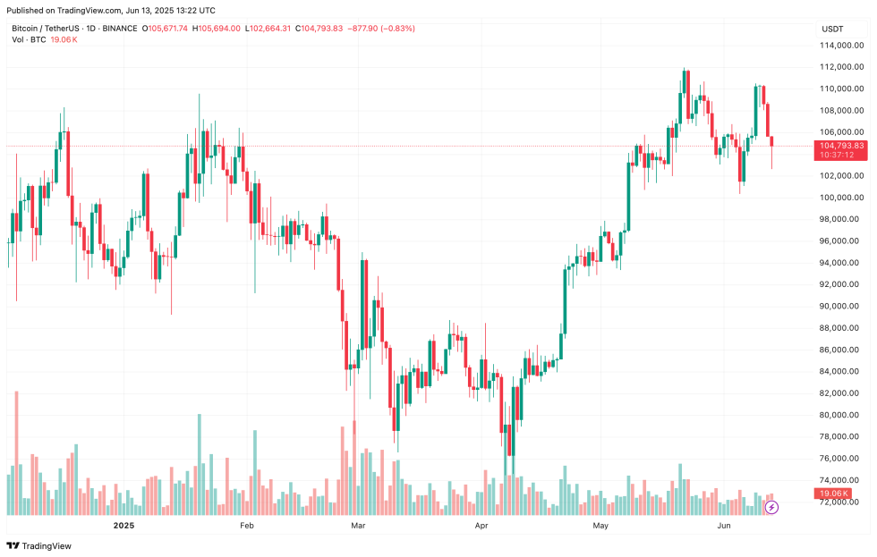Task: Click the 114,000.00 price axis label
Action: click(841, 45)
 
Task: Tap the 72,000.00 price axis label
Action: click(841, 502)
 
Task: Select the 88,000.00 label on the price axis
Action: click(841, 328)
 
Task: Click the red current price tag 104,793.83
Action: click(841, 145)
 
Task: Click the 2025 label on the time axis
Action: click(123, 526)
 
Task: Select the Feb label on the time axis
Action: click(247, 526)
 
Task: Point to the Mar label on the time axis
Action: click(358, 526)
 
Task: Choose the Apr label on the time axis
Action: click(481, 526)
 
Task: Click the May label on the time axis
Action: click(600, 526)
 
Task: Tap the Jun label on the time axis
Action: click(724, 526)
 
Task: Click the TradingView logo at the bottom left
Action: click(39, 545)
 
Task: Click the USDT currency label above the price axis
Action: click(832, 29)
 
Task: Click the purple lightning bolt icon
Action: click(771, 507)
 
